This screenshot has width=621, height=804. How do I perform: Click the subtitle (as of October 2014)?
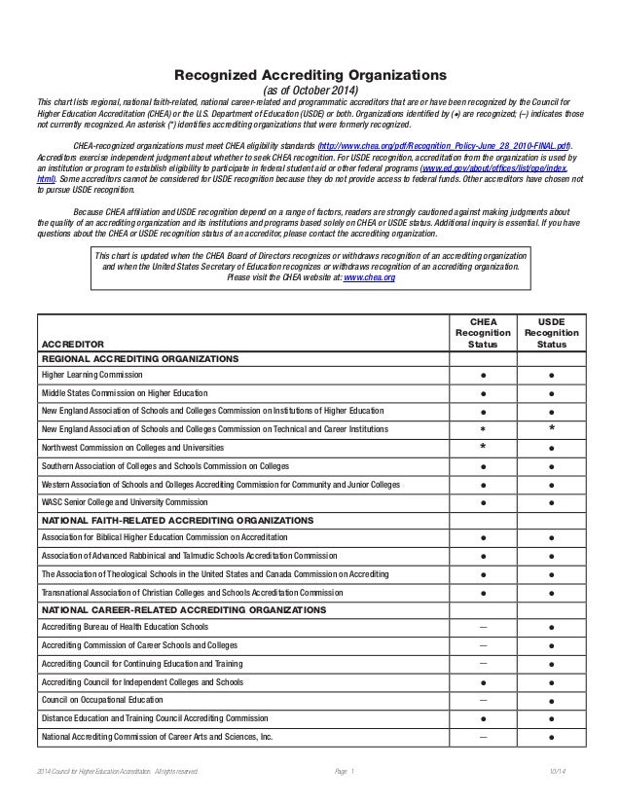coord(310,91)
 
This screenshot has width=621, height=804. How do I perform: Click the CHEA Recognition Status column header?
coord(483,331)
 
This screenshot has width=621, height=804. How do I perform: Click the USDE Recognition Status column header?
coord(552,331)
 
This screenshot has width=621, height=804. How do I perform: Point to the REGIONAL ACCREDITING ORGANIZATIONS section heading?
coord(138,358)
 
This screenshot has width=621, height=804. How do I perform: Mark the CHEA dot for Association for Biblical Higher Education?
coord(483,538)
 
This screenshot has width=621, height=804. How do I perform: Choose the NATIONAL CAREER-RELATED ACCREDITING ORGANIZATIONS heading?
coord(183,609)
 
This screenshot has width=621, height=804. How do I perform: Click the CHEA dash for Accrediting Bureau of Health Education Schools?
coord(483,626)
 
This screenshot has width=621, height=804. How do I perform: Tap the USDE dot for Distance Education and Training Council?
coord(552,718)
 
